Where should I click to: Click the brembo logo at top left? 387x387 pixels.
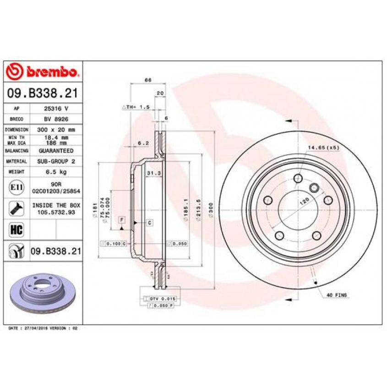[42, 71]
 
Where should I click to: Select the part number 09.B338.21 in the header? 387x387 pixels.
[42, 94]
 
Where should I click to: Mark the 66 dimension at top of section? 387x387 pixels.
[148, 80]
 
